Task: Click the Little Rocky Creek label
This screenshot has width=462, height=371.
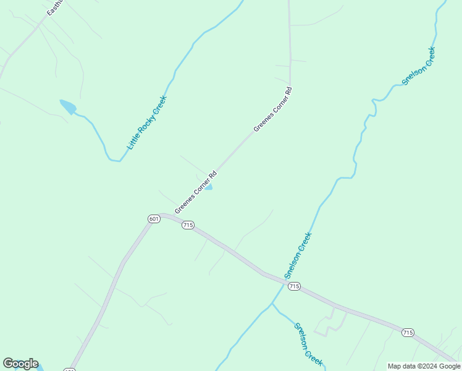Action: tap(147, 122)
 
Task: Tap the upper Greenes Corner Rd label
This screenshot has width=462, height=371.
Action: tap(272, 109)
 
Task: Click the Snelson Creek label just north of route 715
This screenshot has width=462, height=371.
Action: tap(298, 255)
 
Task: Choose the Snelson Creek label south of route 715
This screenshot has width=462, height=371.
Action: tap(308, 344)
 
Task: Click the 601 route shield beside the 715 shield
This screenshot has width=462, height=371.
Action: tap(154, 218)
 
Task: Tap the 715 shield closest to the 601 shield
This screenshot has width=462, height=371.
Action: tap(188, 225)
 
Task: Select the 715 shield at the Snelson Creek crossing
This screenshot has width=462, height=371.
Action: tap(294, 286)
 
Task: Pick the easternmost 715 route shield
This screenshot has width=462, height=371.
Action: tap(407, 332)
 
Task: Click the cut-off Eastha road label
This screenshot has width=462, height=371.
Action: tap(55, 8)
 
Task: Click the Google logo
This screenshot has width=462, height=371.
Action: tap(20, 364)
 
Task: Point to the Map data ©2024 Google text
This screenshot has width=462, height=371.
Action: tap(424, 366)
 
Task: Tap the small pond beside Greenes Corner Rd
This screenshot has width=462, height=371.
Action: tap(209, 187)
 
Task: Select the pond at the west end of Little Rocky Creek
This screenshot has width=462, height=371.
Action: tap(67, 107)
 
